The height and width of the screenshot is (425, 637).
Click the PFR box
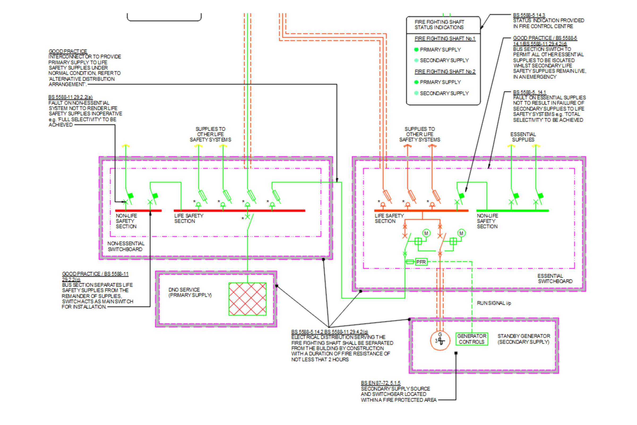pyautogui.click(x=421, y=262)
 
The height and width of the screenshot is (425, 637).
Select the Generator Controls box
pyautogui.click(x=472, y=339)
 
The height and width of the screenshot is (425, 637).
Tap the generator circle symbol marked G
pyautogui.click(x=440, y=341)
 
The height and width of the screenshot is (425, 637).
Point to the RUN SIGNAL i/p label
pyautogui.click(x=494, y=303)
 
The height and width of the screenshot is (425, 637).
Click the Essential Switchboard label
pyautogui.click(x=555, y=279)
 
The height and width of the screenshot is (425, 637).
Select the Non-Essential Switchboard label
pyautogui.click(x=126, y=246)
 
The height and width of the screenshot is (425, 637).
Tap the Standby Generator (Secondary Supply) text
pyautogui.click(x=523, y=339)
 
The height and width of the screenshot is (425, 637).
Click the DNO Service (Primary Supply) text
pyautogui.click(x=190, y=292)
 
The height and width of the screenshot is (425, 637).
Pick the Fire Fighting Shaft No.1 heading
pyautogui.click(x=445, y=39)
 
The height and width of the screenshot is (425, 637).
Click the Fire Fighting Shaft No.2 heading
pyautogui.click(x=445, y=71)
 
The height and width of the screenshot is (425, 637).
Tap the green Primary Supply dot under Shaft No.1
pyautogui.click(x=416, y=50)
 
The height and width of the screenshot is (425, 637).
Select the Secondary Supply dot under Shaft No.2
pyautogui.click(x=416, y=93)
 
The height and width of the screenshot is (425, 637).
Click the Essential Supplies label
pyautogui.click(x=523, y=137)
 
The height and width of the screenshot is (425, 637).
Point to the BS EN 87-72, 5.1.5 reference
pyautogui.click(x=381, y=383)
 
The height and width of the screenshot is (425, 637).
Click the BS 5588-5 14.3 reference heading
pyautogui.click(x=529, y=15)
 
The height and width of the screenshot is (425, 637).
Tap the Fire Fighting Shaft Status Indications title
pyautogui.click(x=439, y=25)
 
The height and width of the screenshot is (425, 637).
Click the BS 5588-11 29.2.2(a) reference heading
pyautogui.click(x=70, y=97)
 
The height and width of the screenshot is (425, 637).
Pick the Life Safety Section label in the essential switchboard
pyautogui.click(x=389, y=218)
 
